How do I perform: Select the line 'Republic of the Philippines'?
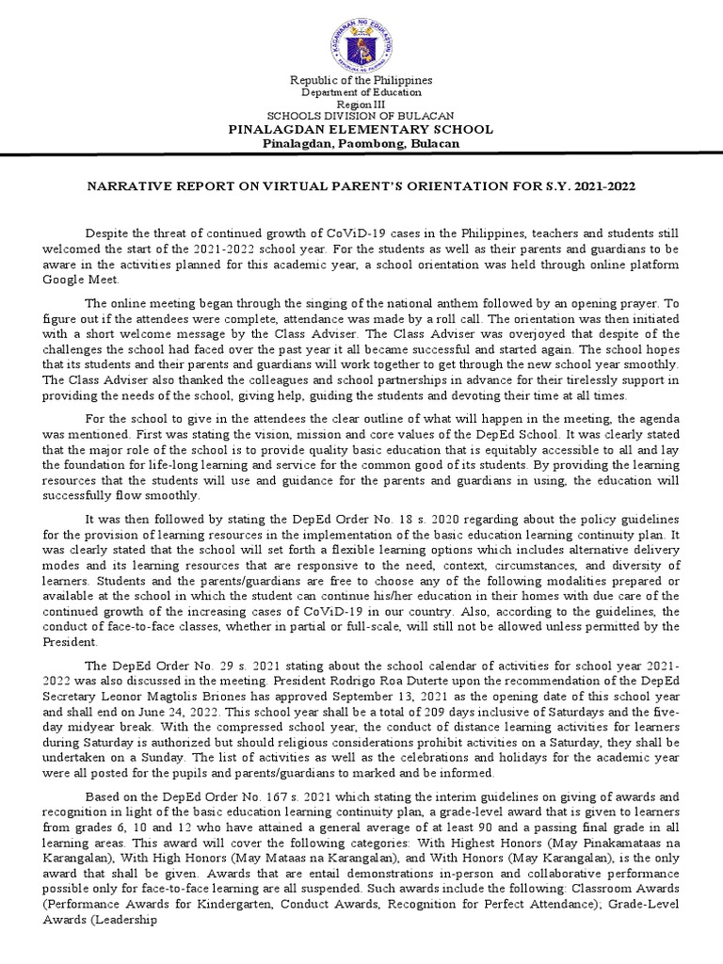click(361, 80)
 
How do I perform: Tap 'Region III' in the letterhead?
click(361, 104)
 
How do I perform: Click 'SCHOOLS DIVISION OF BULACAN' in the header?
click(361, 117)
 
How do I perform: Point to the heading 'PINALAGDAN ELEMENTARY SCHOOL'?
click(361, 129)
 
